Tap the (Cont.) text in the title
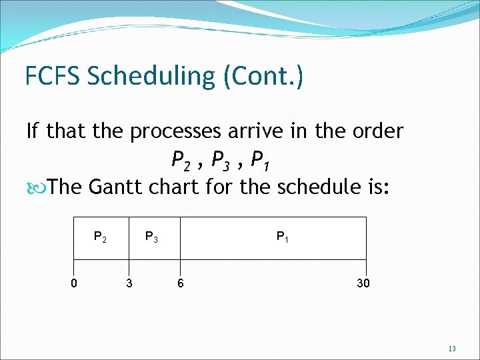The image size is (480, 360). click(x=263, y=77)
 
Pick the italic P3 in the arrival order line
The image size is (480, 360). click(x=219, y=160)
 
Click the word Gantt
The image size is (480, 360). click(x=119, y=186)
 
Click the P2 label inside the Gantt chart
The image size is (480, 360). click(x=100, y=237)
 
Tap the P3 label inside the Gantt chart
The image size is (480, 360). click(x=152, y=237)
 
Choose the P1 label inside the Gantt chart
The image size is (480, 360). click(x=283, y=237)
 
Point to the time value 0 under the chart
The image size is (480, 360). click(x=74, y=283)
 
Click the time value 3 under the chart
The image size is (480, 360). click(x=129, y=283)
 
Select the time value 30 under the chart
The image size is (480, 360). click(x=363, y=283)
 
